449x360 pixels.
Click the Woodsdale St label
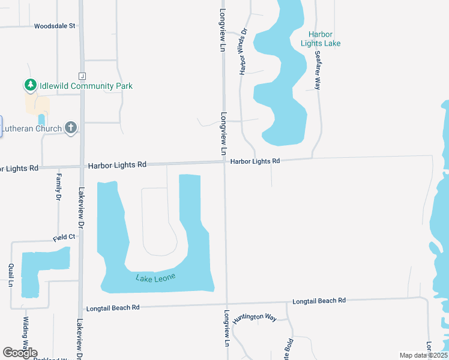pyautogui.click(x=55, y=26)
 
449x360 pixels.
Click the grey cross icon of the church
pyautogui.click(x=71, y=127)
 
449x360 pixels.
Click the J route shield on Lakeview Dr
pyautogui.click(x=82, y=76)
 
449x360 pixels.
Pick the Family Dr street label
pyautogui.click(x=59, y=187)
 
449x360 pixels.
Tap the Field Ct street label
pyautogui.click(x=64, y=238)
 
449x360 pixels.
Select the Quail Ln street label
pyautogui.click(x=11, y=275)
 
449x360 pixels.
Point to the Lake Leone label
pyautogui.click(x=155, y=277)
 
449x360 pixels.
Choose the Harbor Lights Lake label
pyautogui.click(x=321, y=39)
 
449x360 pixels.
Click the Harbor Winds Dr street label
pyautogui.click(x=244, y=52)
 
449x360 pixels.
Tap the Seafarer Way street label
pyautogui.click(x=318, y=70)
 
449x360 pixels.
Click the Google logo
pyautogui.click(x=20, y=353)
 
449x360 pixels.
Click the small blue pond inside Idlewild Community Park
pyautogui.click(x=41, y=120)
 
